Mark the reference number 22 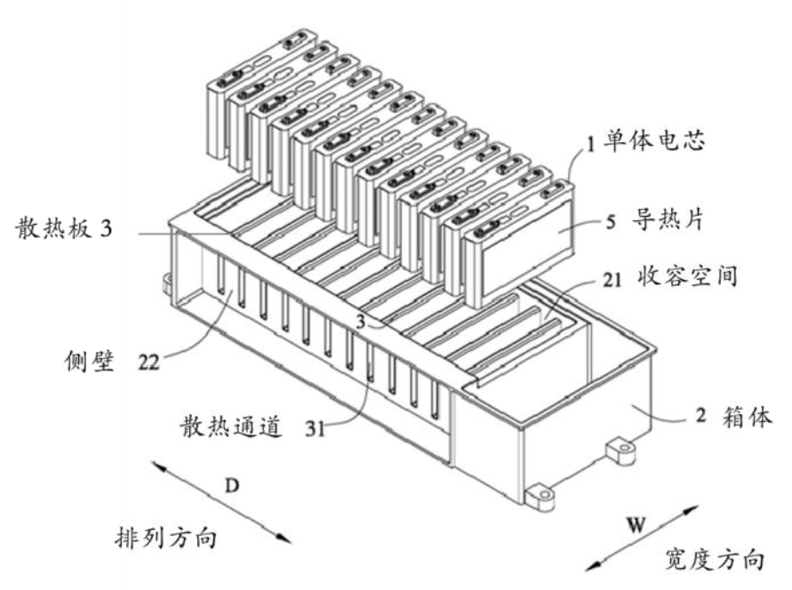click(151, 363)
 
